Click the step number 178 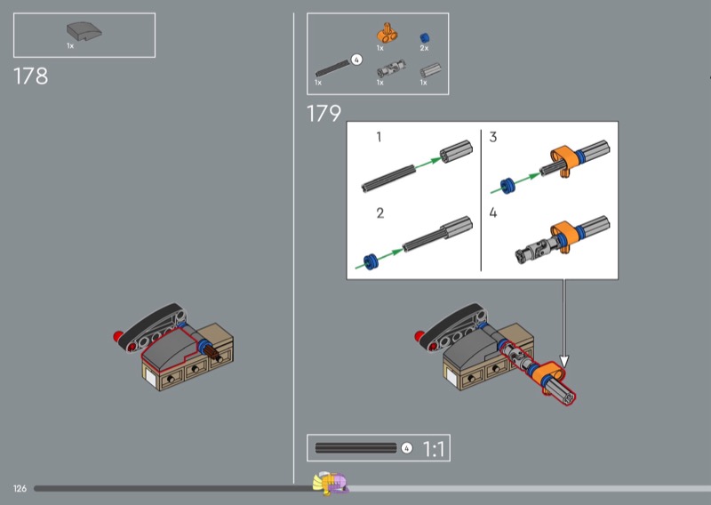pyautogui.click(x=30, y=76)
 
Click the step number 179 pyautogui.click(x=324, y=114)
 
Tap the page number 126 pyautogui.click(x=20, y=489)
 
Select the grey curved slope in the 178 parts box pyautogui.click(x=84, y=31)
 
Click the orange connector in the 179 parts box pyautogui.click(x=387, y=34)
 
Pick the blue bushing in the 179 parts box pyautogui.click(x=425, y=37)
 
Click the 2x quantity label pyautogui.click(x=424, y=48)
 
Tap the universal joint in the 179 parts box pyautogui.click(x=391, y=69)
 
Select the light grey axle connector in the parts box pyautogui.click(x=430, y=70)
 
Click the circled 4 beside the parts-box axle pyautogui.click(x=357, y=60)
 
